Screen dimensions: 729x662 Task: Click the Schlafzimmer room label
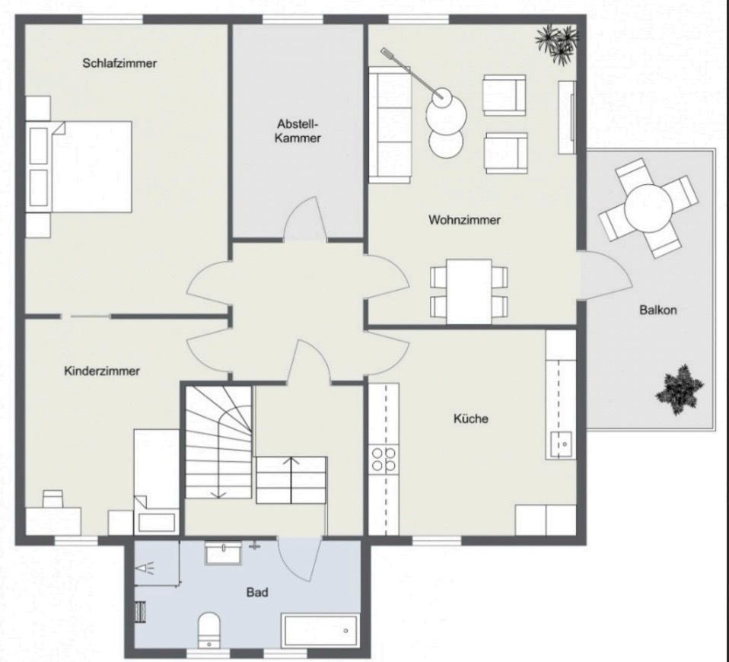119,63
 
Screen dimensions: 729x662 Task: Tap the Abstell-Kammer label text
298,131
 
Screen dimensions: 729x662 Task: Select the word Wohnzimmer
464,219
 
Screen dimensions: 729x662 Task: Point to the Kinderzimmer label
101,371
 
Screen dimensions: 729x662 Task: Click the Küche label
470,419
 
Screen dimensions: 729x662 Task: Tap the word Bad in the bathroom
257,592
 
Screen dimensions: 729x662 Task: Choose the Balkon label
658,310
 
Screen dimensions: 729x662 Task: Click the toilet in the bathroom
209,630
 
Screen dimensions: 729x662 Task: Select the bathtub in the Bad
320,631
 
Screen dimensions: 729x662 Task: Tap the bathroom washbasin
223,552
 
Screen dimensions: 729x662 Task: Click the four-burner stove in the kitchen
384,459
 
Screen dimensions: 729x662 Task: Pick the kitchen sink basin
561,445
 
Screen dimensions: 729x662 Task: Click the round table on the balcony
648,208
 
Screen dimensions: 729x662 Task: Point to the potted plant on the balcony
680,390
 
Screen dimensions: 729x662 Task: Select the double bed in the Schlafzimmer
79,167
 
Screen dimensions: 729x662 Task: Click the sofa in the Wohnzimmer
390,125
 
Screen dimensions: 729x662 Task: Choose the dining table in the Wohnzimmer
469,291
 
